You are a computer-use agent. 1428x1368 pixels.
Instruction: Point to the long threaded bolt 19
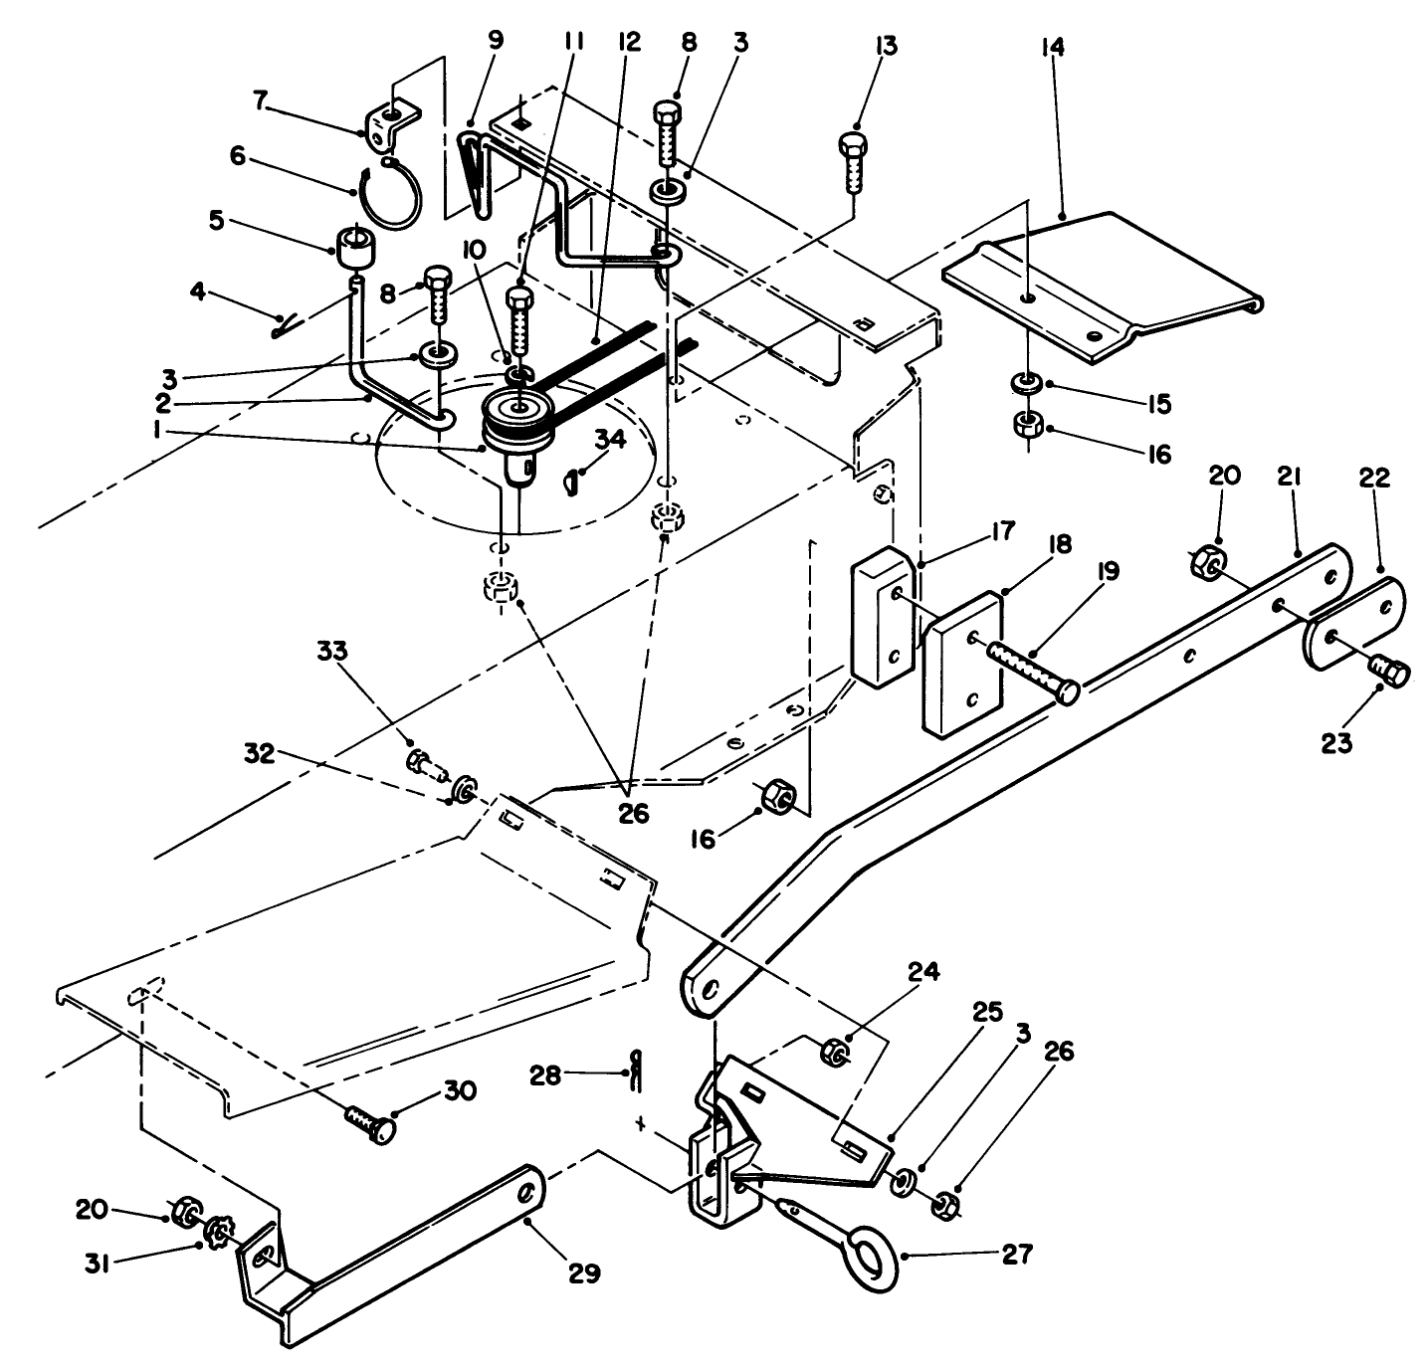click(1029, 670)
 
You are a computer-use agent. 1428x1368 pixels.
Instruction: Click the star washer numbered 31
click(216, 1236)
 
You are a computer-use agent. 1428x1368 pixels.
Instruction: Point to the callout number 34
click(611, 439)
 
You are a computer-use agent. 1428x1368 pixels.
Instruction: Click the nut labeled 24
click(836, 1052)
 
